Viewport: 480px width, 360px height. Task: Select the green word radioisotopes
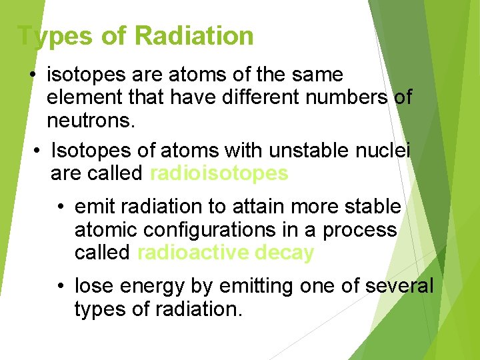tap(219, 173)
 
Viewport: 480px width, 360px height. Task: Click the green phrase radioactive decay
tap(225, 253)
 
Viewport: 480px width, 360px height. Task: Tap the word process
tap(359, 230)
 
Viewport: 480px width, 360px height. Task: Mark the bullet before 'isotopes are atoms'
tap(33, 75)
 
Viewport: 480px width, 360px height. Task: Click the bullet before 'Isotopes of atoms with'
tap(37, 151)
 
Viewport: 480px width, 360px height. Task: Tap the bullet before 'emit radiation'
tap(61, 207)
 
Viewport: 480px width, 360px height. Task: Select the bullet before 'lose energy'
tap(61, 287)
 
